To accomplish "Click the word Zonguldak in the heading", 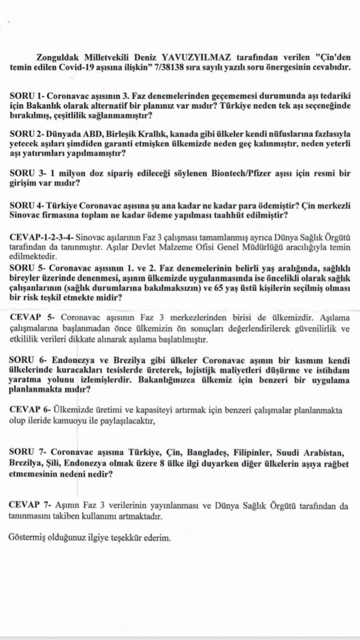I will click(x=59, y=58).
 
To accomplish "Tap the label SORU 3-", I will click(x=27, y=173).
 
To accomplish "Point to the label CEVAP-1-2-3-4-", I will click(x=41, y=237).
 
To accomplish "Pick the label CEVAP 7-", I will click(x=30, y=506).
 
